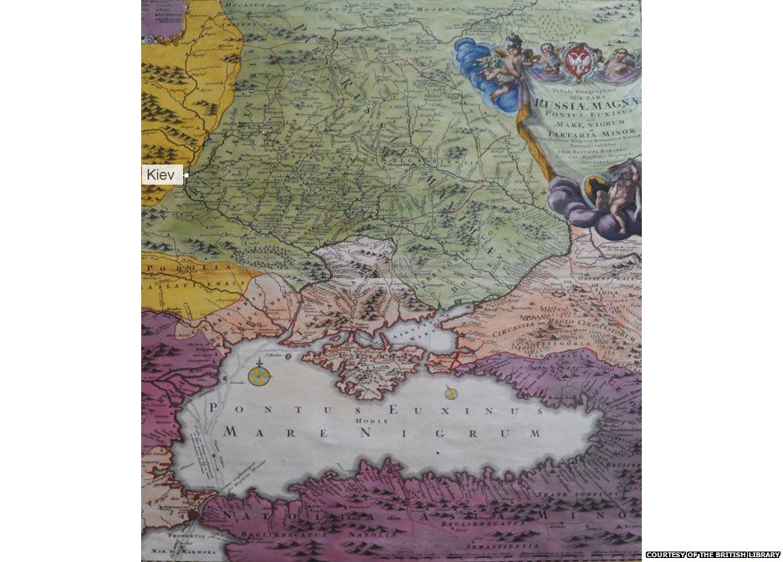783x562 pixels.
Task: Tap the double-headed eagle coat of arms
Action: [x=579, y=60]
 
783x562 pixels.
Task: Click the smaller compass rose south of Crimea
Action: [x=449, y=393]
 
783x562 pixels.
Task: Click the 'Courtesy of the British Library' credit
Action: [x=712, y=555]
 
